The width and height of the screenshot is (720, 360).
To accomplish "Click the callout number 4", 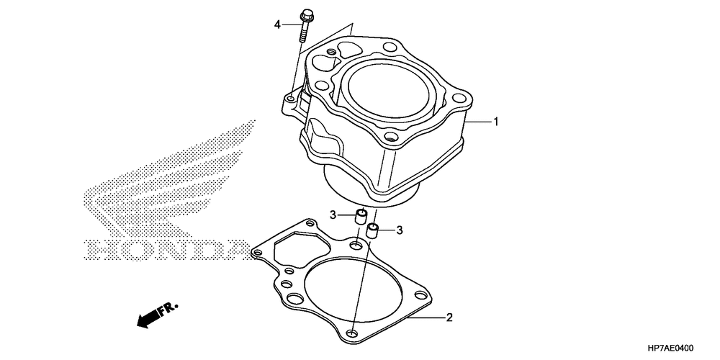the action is [x=277, y=24].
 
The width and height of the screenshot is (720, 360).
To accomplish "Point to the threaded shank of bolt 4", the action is [x=304, y=32].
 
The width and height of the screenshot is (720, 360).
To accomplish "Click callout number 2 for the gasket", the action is [x=449, y=318].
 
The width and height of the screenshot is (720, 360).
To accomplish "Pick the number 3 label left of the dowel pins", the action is [x=333, y=215].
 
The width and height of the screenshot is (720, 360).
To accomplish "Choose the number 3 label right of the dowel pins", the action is [x=400, y=230].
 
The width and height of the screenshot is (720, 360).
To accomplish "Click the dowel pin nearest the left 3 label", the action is [x=361, y=216].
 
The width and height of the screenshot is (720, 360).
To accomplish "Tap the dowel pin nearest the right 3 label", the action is [x=372, y=230].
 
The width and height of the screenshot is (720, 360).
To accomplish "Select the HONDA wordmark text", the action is [x=168, y=250].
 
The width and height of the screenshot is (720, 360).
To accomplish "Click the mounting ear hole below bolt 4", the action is [x=291, y=99].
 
